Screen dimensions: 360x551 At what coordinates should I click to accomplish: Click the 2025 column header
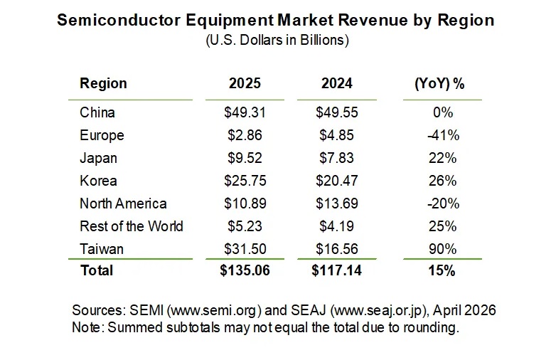(245, 83)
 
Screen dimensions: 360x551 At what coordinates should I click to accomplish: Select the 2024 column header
(336, 83)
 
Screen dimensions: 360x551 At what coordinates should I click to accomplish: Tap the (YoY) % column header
(439, 83)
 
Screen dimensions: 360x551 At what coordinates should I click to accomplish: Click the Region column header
(103, 83)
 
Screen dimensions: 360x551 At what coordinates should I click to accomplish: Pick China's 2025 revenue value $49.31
(245, 112)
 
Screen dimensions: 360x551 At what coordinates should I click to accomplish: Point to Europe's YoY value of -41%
(443, 135)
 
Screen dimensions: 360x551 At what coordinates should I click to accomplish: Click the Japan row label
(98, 158)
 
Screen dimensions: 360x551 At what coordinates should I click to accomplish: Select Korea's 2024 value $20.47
(336, 181)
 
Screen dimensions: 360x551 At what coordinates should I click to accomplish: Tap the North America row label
(123, 203)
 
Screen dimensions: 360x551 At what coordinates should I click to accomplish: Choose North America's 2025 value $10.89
(245, 203)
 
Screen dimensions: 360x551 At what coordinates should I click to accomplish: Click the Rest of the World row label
(131, 226)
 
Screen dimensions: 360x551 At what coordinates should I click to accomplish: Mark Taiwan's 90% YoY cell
(443, 249)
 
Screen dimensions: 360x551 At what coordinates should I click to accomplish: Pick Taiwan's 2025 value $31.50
(245, 249)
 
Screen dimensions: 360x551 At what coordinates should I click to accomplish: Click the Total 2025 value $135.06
(245, 270)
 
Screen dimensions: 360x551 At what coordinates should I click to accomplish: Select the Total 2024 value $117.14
(336, 270)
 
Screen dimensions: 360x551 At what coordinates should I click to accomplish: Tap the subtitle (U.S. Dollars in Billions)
(277, 41)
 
